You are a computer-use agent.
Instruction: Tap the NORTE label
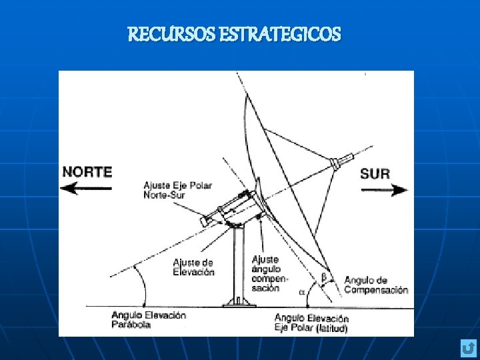coord(87,171)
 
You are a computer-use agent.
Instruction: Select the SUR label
coord(375,173)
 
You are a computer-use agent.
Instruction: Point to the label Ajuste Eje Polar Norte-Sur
coord(178,189)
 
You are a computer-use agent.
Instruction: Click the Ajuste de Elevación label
coord(193,267)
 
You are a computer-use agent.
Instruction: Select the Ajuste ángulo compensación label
coord(266,273)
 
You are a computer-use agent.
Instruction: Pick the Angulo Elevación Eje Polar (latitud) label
coord(311,323)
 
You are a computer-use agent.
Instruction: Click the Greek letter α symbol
coord(301,292)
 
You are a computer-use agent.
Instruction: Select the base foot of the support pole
coord(239,301)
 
